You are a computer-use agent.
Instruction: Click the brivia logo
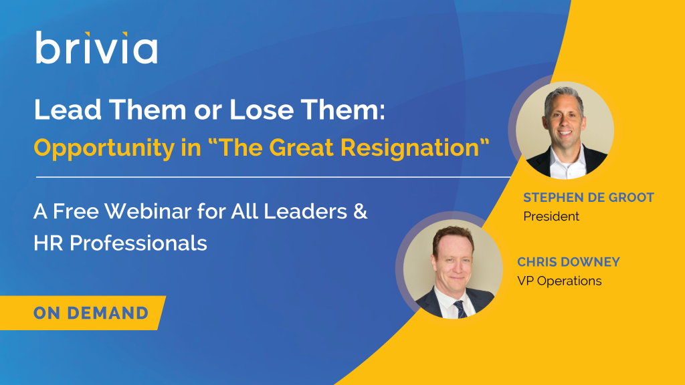[96, 47]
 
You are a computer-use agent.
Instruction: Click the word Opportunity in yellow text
[104, 148]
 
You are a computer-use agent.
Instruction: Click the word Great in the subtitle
[301, 147]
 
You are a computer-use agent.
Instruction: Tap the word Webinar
[148, 211]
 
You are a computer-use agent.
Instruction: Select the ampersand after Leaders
[360, 211]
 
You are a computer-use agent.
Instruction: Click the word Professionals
[138, 243]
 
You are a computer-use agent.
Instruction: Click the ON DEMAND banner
[83, 313]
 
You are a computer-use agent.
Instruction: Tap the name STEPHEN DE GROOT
[589, 197]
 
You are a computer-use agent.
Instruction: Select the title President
[551, 216]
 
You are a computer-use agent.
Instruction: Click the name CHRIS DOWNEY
[569, 262]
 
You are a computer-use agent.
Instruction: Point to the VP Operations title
[559, 281]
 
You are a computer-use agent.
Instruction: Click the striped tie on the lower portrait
[460, 309]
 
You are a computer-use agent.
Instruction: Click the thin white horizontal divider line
[274, 177]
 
